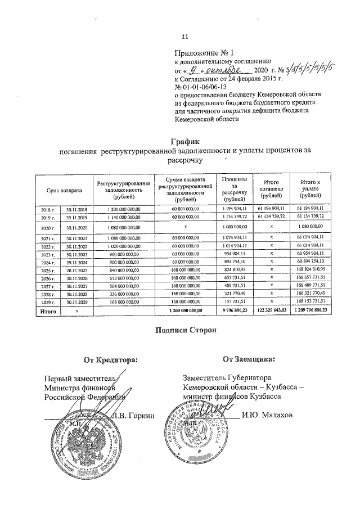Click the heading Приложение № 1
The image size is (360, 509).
[x=200, y=53]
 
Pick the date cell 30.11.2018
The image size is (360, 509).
[x=74, y=209]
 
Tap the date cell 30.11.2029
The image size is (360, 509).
[x=74, y=301]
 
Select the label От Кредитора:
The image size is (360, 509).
[x=110, y=359]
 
